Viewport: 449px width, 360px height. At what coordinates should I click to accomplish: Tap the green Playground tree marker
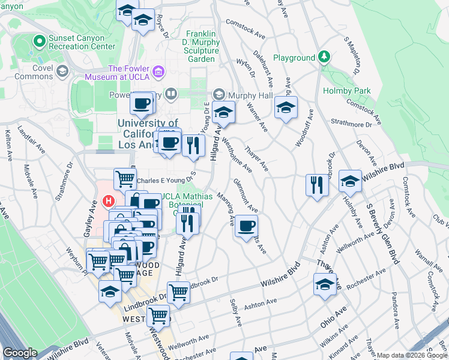coord(324,58)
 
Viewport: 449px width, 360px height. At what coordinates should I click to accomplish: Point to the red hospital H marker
coord(109,201)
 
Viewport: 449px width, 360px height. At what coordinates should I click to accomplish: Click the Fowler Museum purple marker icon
coord(158,73)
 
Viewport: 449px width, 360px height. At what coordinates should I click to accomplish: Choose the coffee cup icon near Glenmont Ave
coord(247,226)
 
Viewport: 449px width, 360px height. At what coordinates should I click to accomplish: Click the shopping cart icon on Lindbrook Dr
coord(178,292)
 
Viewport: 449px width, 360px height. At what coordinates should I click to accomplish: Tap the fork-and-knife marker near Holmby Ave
coord(317,184)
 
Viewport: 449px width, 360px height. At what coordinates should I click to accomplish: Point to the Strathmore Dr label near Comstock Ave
coord(352,124)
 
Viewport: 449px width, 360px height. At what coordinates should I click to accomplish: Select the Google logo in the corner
coord(20,353)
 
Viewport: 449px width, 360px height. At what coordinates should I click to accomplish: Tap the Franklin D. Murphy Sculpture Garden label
coord(200,47)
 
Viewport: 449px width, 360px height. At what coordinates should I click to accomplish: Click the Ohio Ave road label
coord(333,317)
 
